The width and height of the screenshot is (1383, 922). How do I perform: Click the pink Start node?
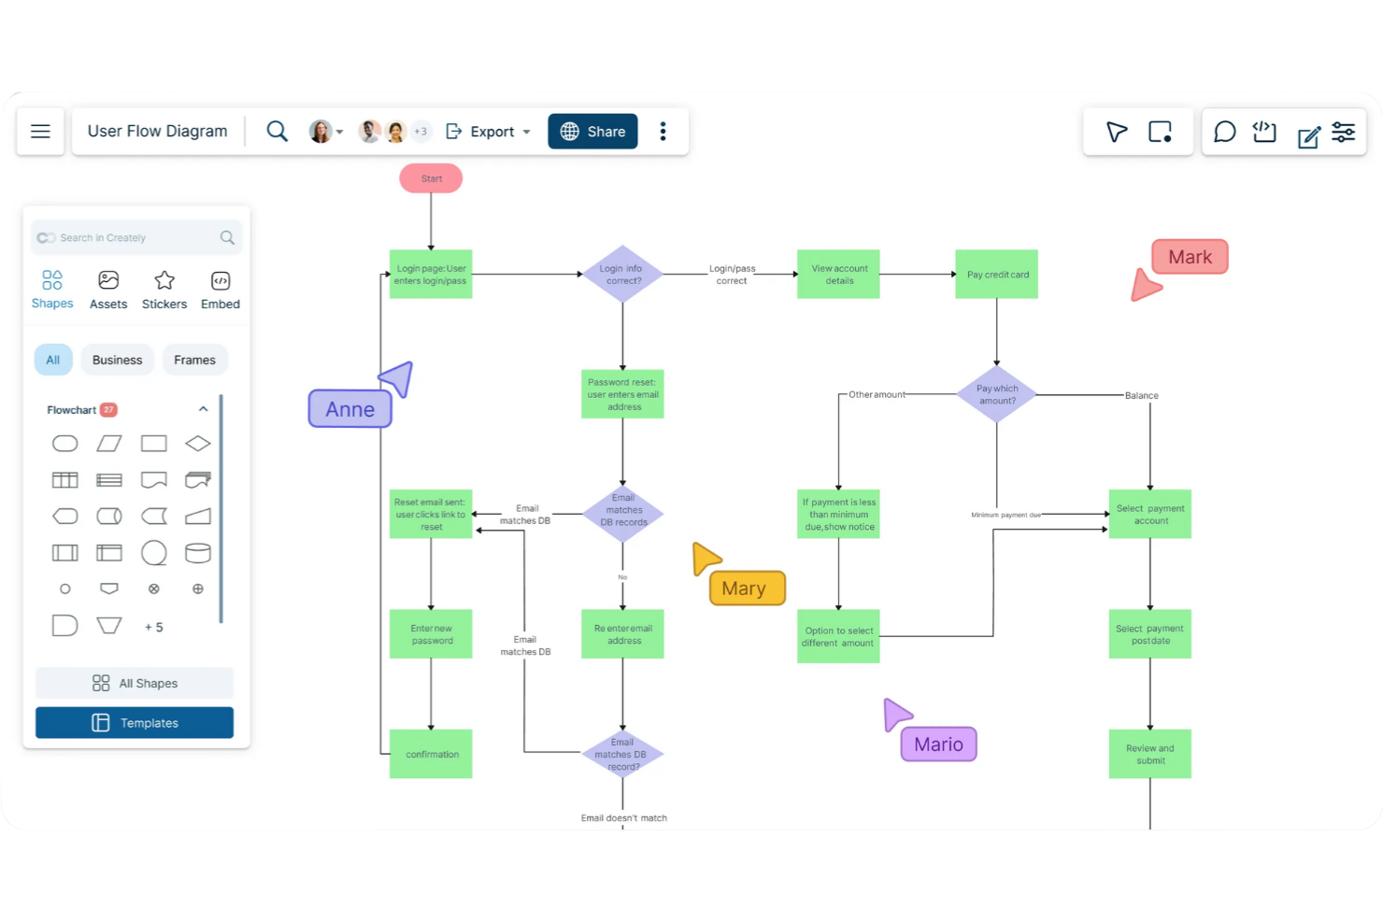431,178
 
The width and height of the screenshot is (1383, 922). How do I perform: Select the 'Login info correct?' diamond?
622,275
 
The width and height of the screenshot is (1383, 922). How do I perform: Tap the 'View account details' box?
838,275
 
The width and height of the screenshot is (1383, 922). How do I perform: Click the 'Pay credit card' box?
996,275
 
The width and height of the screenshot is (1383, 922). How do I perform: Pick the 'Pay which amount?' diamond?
996,394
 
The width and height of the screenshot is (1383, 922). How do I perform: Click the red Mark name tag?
1190,257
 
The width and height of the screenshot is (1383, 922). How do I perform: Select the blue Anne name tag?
349,409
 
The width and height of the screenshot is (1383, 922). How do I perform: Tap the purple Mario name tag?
938,745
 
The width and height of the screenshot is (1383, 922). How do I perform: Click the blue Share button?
592,132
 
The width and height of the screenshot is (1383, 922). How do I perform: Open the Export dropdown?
489,132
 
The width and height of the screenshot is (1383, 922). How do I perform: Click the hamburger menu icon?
40,132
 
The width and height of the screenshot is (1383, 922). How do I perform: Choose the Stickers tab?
164,290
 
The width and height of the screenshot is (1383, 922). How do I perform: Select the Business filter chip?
117,360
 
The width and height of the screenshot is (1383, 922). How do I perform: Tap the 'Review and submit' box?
1149,754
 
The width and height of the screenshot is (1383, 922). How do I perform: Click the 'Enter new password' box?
431,634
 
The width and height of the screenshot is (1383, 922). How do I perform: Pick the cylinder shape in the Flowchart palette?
197,553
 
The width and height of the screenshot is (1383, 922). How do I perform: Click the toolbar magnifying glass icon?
277,132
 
